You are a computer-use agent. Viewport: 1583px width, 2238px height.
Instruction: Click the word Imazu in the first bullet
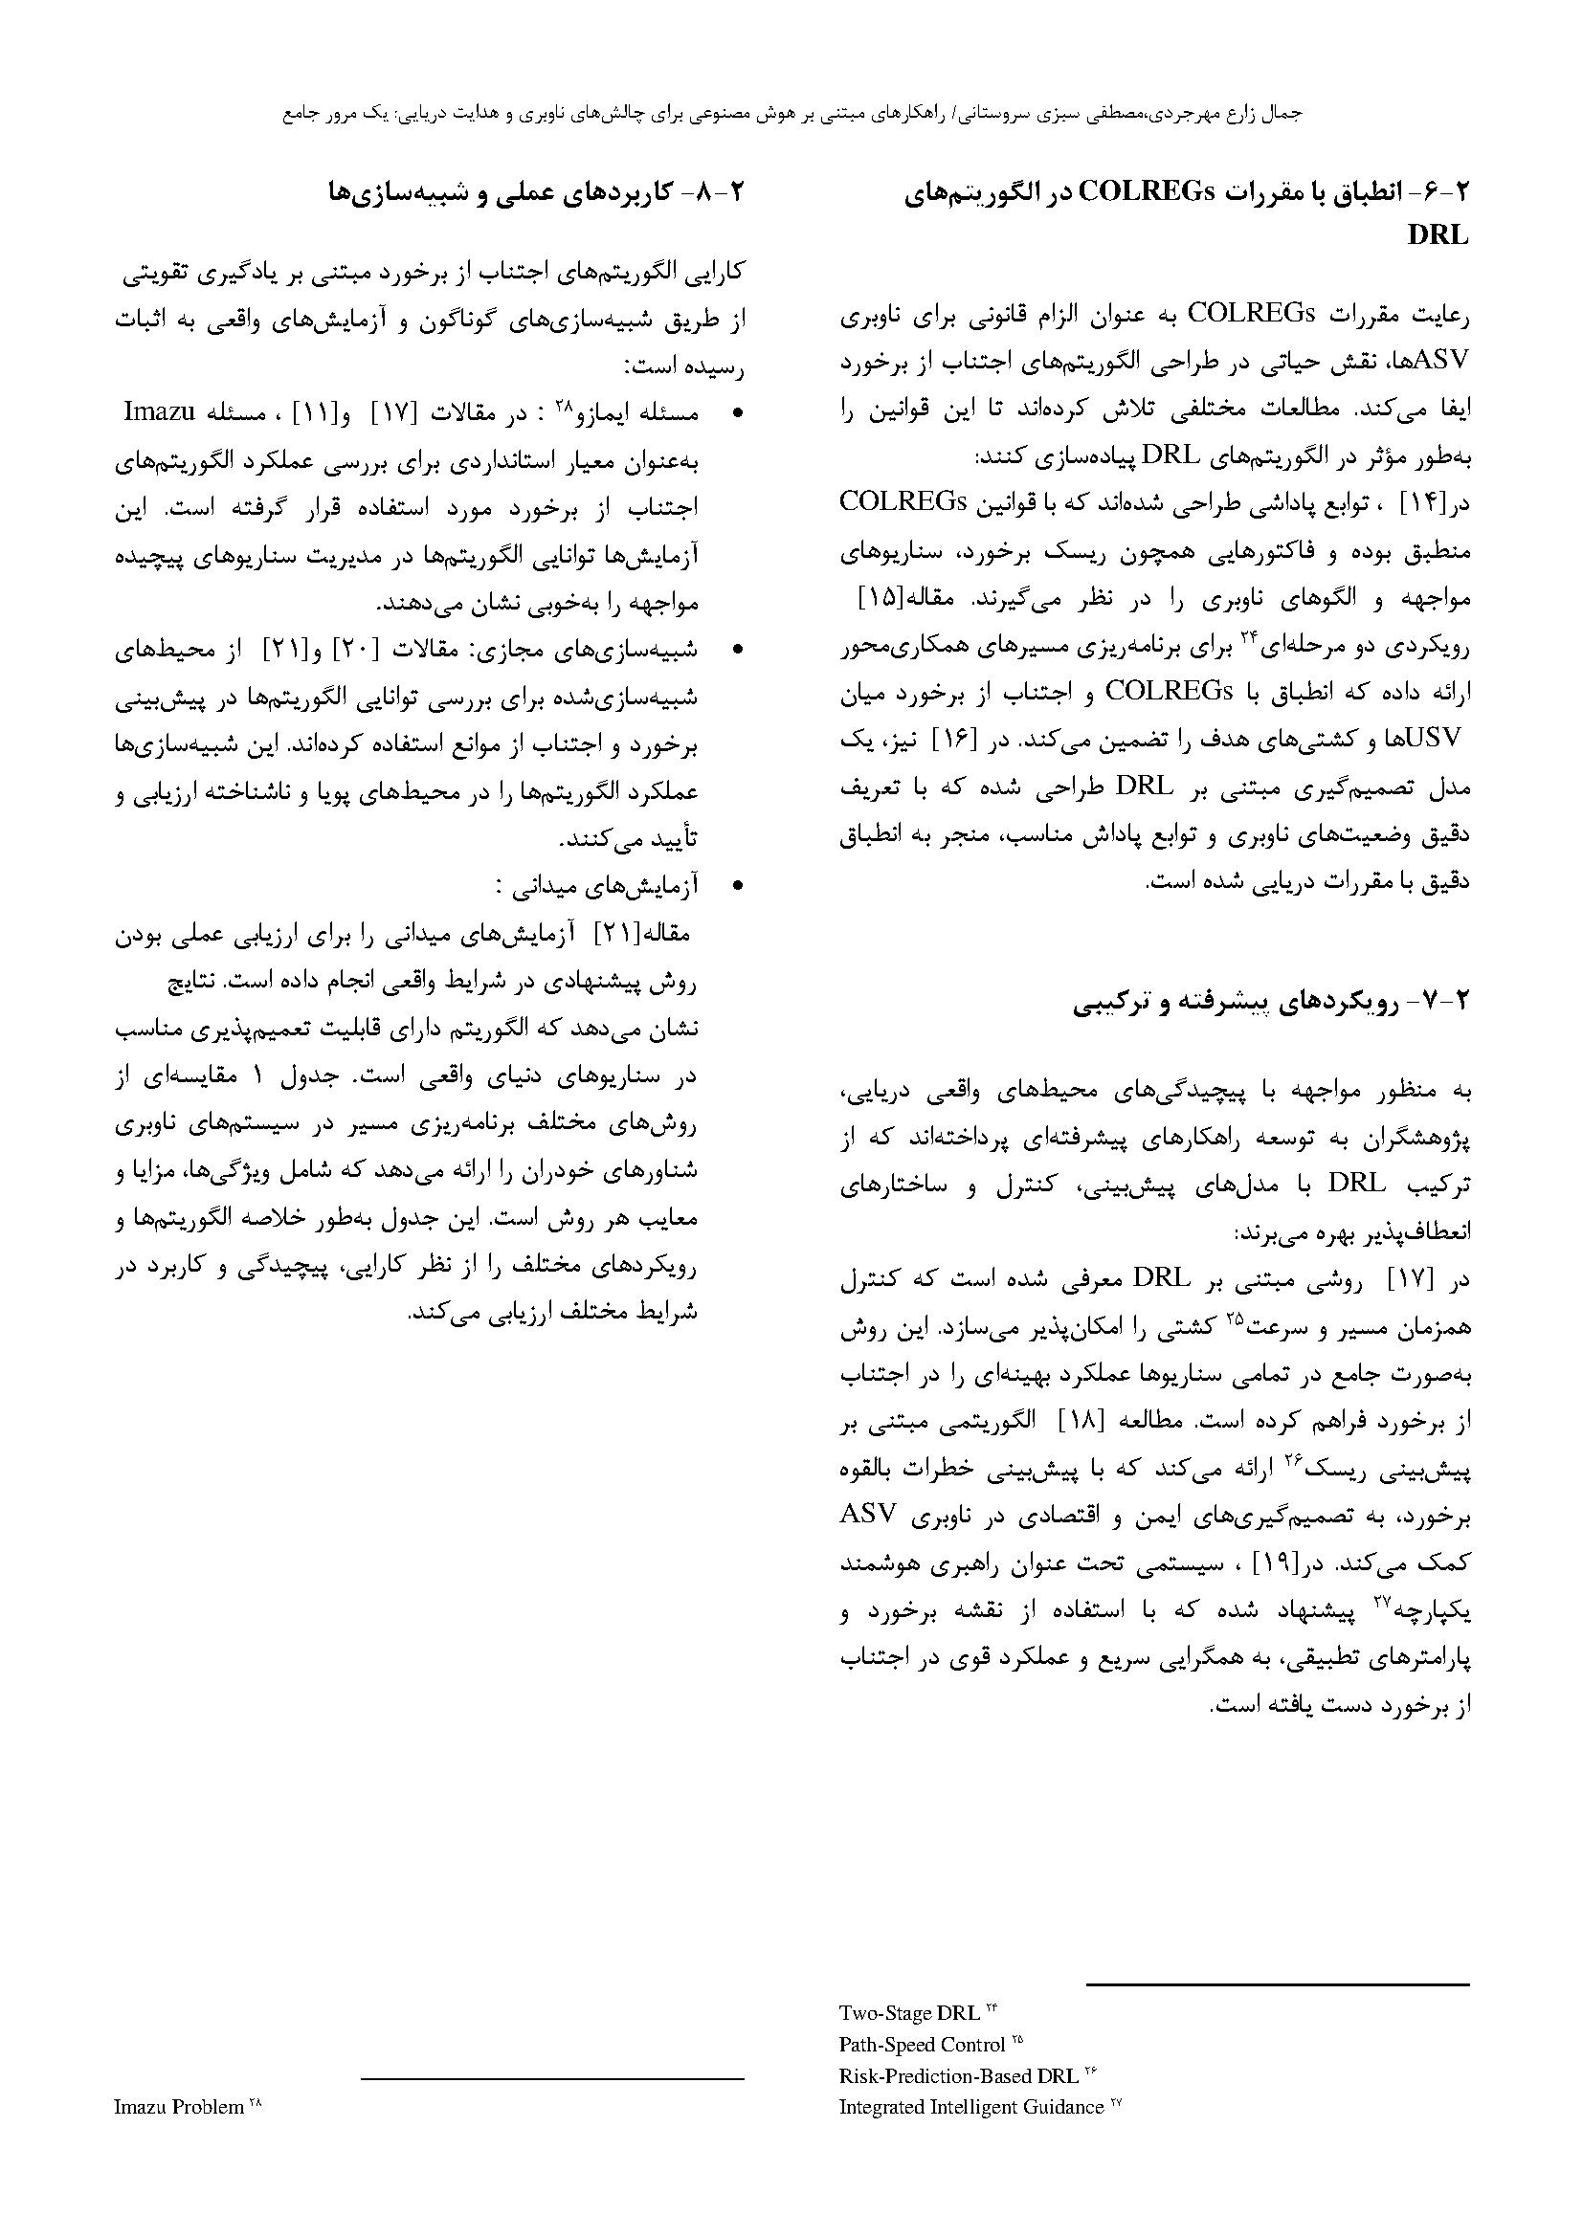coord(158,411)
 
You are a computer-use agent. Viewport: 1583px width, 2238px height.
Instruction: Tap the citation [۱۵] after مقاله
coord(1441,597)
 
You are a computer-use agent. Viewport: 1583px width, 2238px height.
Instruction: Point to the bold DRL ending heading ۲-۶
coord(1438,235)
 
